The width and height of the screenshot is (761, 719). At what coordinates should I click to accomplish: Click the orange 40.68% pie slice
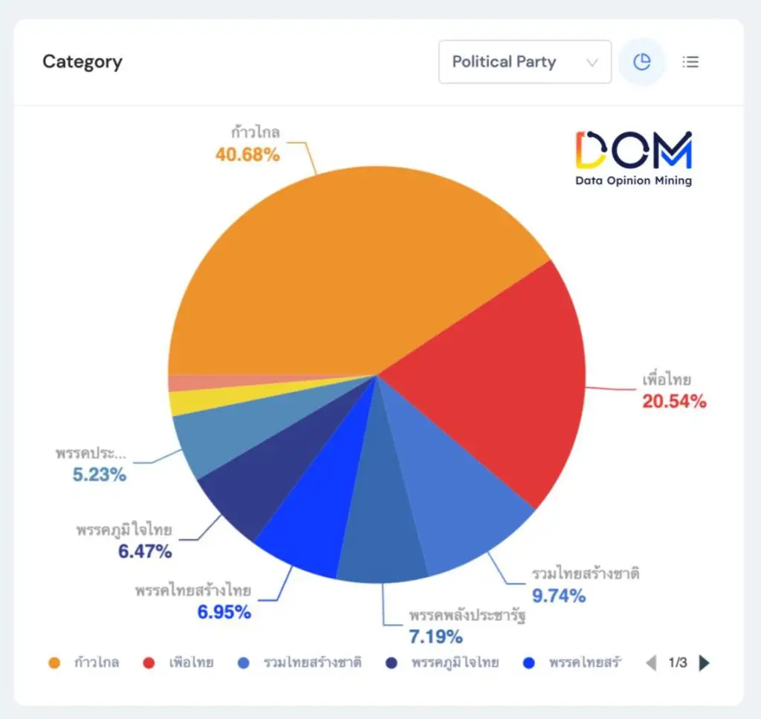(334, 267)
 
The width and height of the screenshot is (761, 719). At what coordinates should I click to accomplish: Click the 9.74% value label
(558, 595)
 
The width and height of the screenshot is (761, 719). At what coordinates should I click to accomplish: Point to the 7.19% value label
(435, 637)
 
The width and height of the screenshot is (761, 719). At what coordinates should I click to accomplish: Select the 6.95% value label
(224, 613)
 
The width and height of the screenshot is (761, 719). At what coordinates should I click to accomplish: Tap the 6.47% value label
(145, 552)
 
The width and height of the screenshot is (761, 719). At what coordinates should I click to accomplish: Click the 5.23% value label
(99, 475)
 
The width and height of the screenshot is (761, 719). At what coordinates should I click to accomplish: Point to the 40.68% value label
(247, 154)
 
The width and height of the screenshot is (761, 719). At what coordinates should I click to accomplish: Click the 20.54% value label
(674, 402)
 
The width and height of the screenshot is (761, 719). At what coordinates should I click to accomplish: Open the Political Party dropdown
(525, 62)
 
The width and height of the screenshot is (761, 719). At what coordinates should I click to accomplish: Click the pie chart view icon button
(641, 62)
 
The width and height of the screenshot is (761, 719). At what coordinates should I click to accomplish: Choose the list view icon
(691, 62)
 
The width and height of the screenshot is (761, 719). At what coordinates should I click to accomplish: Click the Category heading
(82, 62)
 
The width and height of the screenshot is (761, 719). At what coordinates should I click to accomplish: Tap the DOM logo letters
(633, 150)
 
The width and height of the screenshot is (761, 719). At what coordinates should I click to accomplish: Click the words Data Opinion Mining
(633, 180)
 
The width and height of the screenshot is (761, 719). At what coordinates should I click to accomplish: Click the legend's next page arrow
(705, 663)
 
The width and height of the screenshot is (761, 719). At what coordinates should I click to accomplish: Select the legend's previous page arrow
(651, 663)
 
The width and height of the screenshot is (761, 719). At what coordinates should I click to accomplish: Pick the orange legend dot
(54, 663)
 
